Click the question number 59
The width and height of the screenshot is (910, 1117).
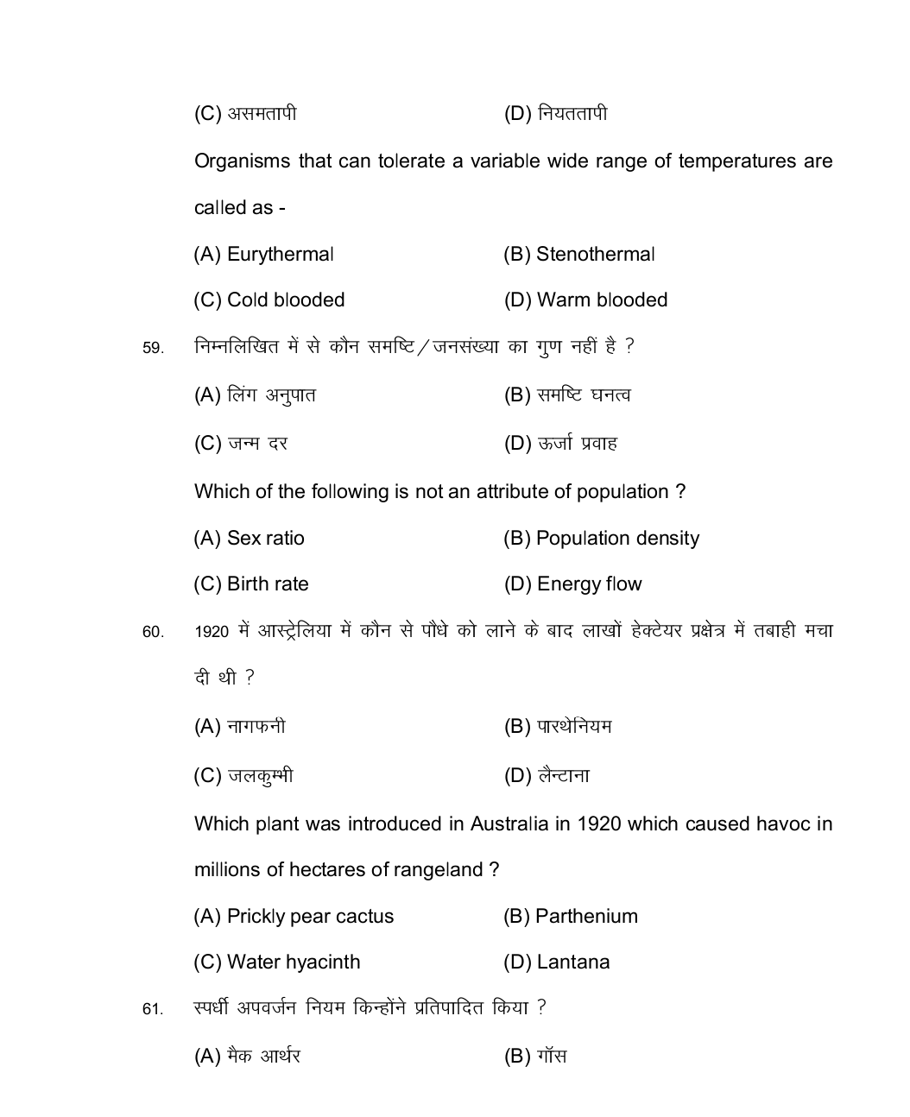[x=152, y=349]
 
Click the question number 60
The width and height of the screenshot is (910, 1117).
[x=152, y=633]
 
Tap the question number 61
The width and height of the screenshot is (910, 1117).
[x=152, y=1009]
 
